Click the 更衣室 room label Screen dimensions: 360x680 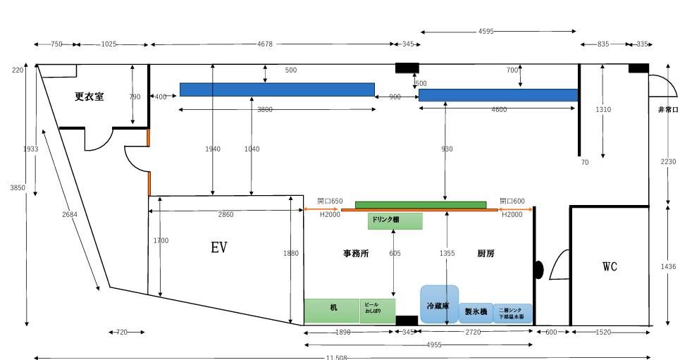(x=89, y=97)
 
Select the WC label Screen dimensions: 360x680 (x=610, y=266)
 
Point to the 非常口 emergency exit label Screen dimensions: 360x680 (x=667, y=110)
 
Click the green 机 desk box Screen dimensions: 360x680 (x=332, y=309)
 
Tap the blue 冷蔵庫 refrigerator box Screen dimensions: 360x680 (x=439, y=304)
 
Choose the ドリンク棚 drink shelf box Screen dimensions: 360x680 (x=395, y=221)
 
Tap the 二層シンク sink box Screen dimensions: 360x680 (x=512, y=313)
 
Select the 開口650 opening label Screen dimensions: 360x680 (x=330, y=201)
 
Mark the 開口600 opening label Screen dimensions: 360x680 (x=512, y=201)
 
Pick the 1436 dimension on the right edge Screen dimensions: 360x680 (x=669, y=266)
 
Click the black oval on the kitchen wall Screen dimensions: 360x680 (x=539, y=269)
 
